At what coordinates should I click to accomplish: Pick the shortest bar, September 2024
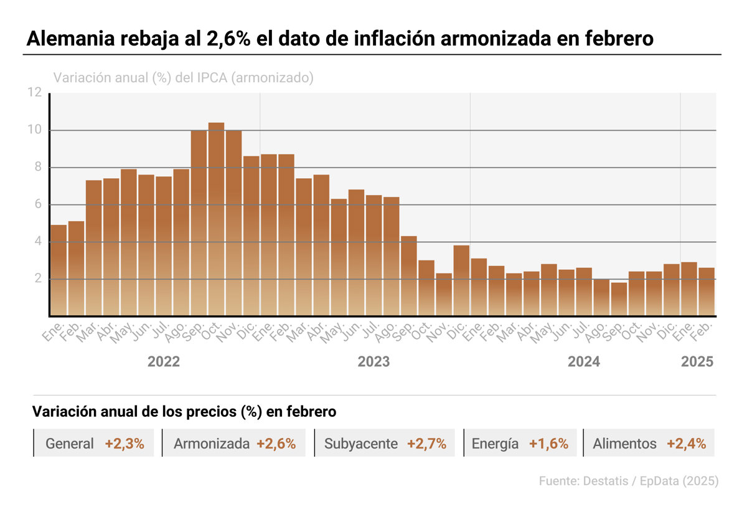tap(619, 299)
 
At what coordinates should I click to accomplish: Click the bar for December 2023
tap(461, 280)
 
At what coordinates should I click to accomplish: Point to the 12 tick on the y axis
tap(35, 93)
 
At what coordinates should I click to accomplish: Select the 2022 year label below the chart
tap(164, 362)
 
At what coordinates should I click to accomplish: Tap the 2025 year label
tap(697, 362)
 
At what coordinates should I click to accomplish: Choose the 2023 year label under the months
tap(374, 362)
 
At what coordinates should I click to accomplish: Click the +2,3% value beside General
tap(125, 444)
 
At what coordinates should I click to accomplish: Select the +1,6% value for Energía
tap(548, 444)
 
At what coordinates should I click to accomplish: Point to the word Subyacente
tap(361, 444)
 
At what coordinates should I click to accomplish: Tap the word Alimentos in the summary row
tap(624, 444)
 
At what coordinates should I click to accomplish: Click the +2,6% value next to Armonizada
tap(276, 444)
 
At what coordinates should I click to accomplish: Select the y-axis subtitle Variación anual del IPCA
tap(184, 78)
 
